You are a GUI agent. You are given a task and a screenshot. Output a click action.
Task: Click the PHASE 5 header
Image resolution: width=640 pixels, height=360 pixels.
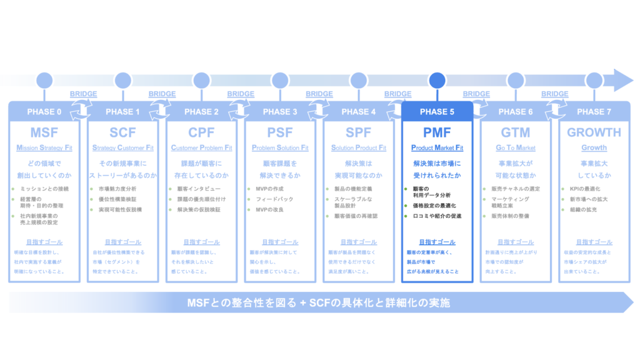(437, 112)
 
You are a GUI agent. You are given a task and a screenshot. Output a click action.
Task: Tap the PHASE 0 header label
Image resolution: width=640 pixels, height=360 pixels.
(44, 112)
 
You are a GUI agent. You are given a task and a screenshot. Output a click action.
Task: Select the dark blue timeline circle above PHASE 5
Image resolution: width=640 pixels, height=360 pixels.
(437, 80)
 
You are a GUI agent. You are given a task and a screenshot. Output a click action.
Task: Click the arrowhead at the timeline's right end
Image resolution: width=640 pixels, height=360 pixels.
(623, 80)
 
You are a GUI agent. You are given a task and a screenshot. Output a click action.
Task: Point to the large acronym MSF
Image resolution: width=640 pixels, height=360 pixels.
(44, 132)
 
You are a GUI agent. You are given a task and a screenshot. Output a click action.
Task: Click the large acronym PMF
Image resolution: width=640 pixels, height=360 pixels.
(437, 132)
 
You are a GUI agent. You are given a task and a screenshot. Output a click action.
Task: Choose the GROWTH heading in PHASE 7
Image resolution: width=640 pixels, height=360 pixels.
(594, 132)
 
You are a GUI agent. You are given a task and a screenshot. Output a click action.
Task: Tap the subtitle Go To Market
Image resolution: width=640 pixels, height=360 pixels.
(516, 148)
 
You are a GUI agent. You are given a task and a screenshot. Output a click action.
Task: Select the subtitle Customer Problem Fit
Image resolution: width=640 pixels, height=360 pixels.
(201, 148)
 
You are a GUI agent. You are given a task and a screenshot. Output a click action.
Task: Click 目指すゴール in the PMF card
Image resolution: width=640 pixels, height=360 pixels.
(437, 242)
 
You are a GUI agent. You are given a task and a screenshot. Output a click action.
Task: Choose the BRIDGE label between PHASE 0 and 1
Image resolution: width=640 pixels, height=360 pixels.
(84, 94)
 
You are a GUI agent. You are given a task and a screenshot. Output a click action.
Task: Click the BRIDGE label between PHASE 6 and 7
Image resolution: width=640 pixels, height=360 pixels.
(554, 94)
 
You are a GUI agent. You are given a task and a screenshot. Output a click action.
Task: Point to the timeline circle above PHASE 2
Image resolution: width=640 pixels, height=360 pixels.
(201, 80)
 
